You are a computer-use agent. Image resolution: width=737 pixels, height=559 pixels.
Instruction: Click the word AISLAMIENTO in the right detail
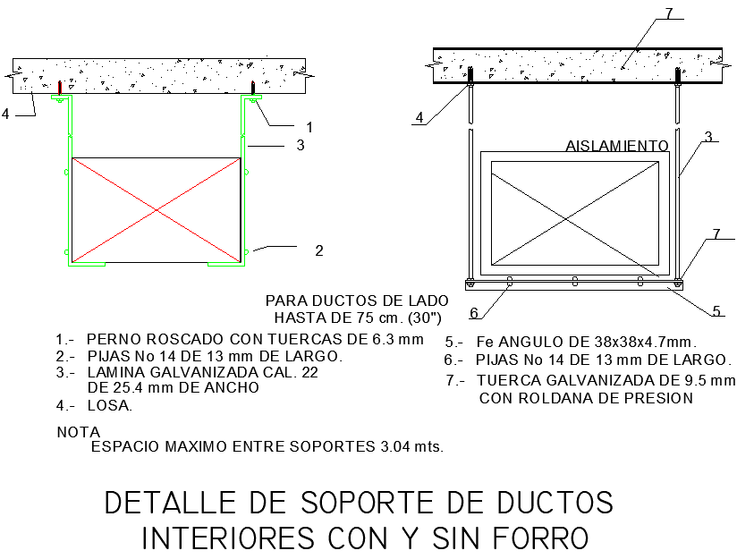pyautogui.click(x=617, y=146)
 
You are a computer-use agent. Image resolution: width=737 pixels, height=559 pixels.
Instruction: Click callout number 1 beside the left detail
pyautogui.click(x=309, y=126)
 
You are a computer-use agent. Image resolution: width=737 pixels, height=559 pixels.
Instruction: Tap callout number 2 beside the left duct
pyautogui.click(x=318, y=250)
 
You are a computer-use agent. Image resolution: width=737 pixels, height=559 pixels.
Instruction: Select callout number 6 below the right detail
pyautogui.click(x=474, y=313)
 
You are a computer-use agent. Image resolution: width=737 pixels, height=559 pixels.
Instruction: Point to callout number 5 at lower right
pyautogui.click(x=716, y=311)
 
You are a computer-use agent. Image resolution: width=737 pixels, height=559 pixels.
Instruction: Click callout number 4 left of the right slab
pyautogui.click(x=419, y=117)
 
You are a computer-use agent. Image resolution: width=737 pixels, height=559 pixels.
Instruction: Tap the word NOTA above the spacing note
pyautogui.click(x=79, y=432)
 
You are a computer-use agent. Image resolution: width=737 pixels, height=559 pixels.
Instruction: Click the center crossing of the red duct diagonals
pyautogui.click(x=157, y=211)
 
